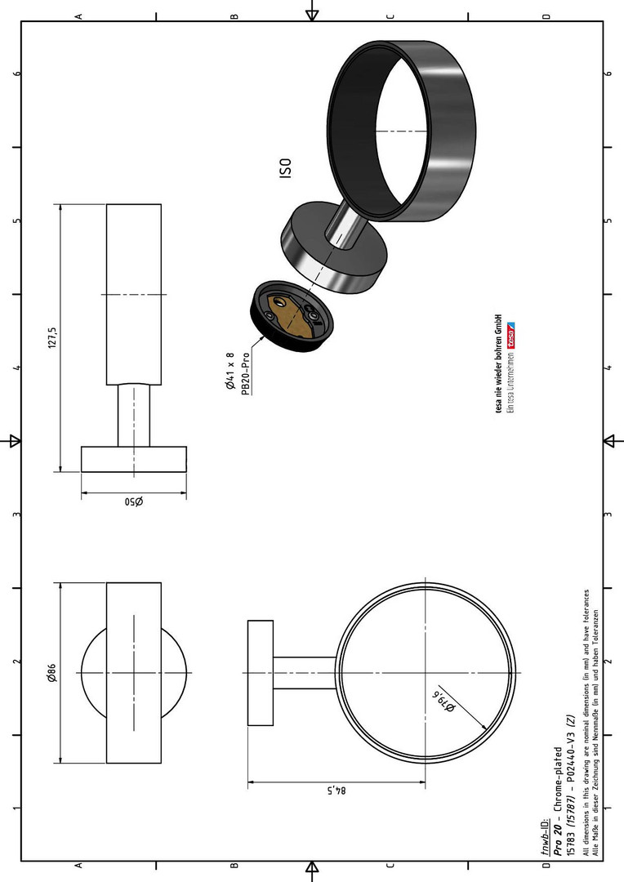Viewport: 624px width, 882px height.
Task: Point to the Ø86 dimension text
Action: click(52, 673)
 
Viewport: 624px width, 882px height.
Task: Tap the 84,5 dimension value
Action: click(336, 791)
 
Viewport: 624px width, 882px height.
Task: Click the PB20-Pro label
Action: click(246, 374)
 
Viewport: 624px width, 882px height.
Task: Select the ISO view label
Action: click(285, 169)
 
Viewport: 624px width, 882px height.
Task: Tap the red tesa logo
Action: click(511, 336)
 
